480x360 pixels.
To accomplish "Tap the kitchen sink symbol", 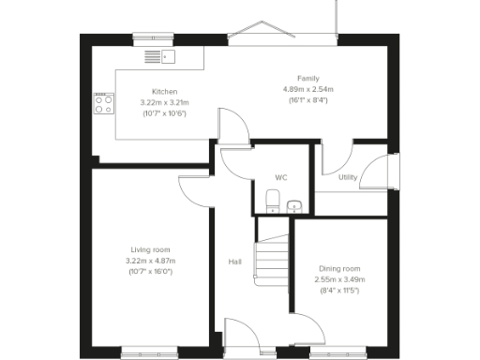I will (x=159, y=57).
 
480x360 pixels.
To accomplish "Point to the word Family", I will (x=308, y=78).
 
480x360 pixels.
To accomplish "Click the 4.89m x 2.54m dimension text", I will (x=308, y=89).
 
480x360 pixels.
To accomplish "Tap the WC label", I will (x=280, y=176).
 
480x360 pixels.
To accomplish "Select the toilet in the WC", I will (x=271, y=201).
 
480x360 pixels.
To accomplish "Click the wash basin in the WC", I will (x=294, y=204).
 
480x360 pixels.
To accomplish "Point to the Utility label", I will (x=348, y=176).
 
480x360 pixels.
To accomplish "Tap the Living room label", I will (x=150, y=249).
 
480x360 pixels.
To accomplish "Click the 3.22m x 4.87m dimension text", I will (x=150, y=261).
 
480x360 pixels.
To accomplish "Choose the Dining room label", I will (x=339, y=269).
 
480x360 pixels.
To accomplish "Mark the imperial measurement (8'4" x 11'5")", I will (x=339, y=291).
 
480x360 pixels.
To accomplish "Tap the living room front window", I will (x=149, y=352).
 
